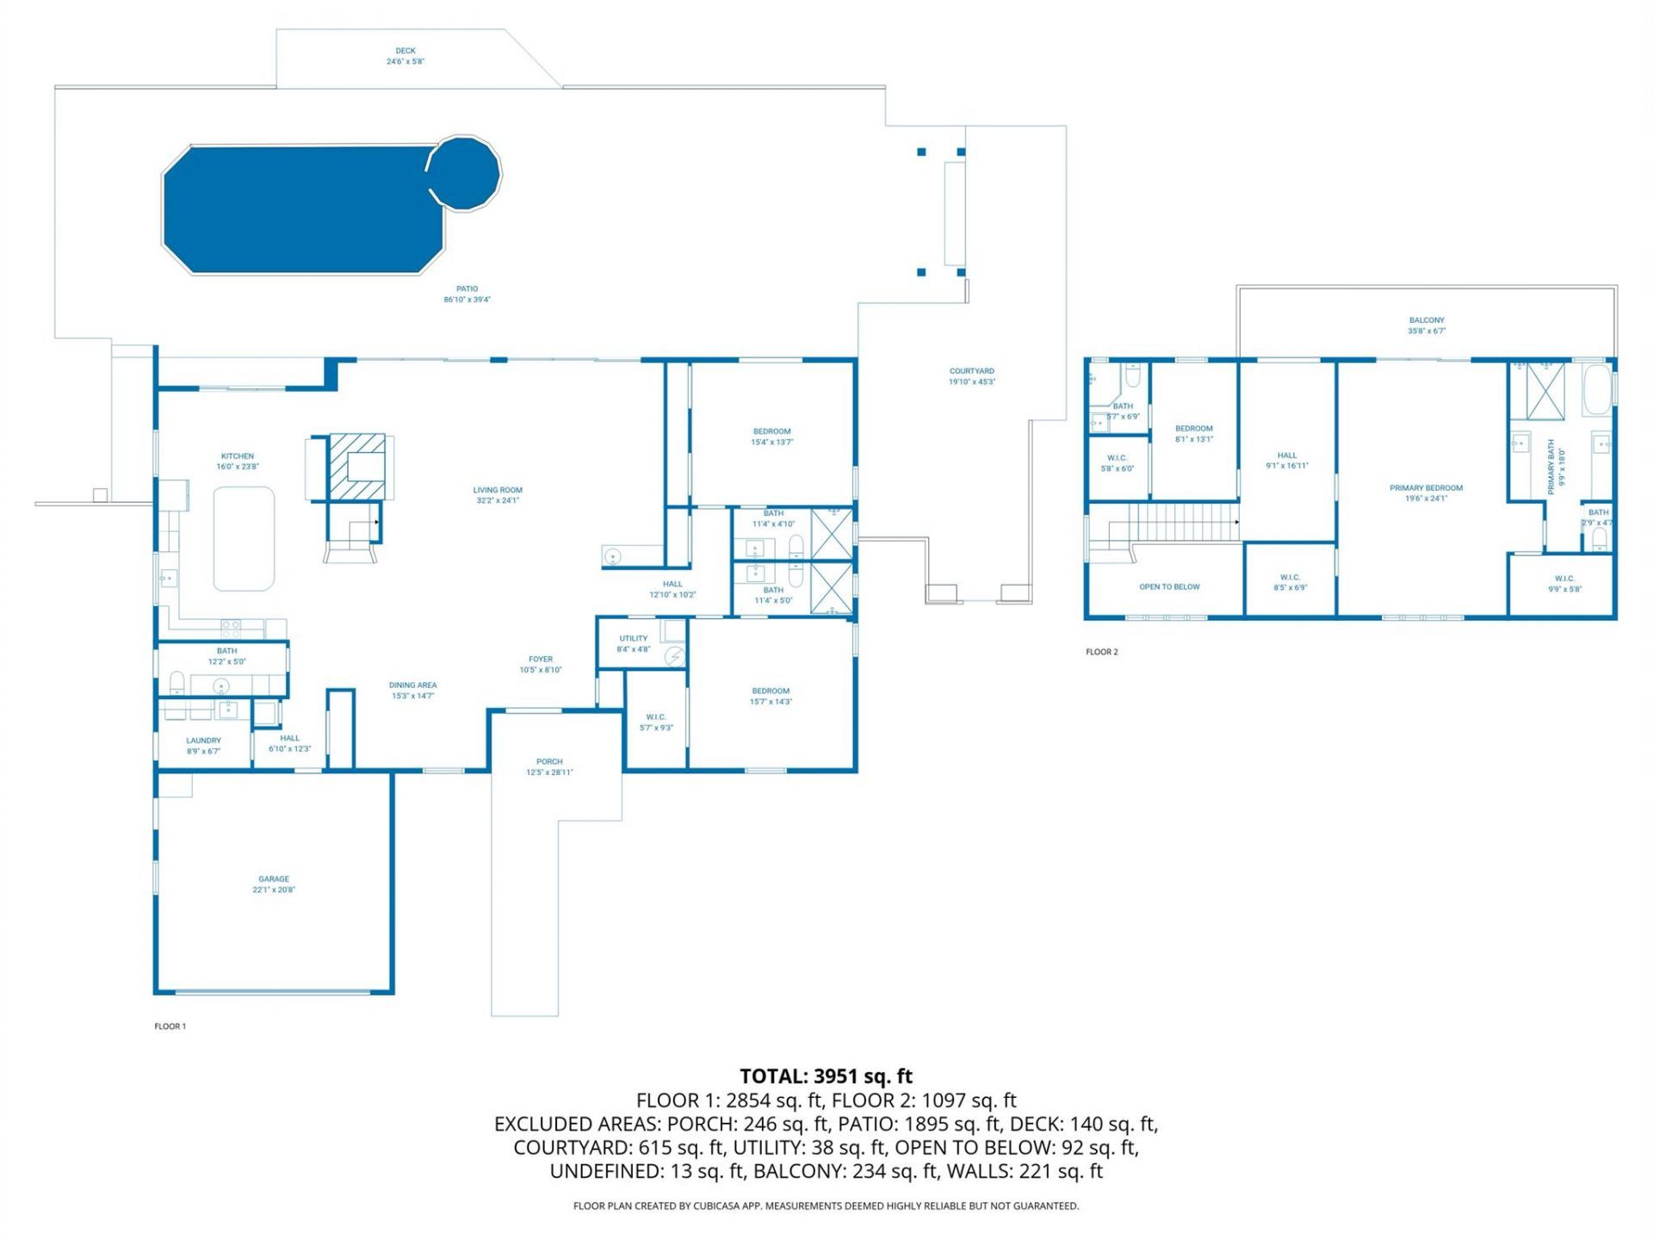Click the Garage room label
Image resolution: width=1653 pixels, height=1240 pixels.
(274, 879)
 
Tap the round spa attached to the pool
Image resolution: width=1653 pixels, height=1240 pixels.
(465, 172)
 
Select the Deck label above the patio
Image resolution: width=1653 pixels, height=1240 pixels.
(406, 51)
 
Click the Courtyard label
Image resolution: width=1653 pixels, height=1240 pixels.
(971, 371)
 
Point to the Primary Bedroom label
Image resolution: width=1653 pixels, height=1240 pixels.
(1426, 488)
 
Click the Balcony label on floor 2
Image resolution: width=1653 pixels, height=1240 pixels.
(1427, 320)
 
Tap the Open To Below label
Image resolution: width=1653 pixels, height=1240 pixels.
(1169, 587)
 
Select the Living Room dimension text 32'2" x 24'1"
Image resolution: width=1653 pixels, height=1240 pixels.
(498, 500)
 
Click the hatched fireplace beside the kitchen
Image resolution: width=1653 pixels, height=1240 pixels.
(356, 465)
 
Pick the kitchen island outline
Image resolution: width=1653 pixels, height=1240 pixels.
(244, 538)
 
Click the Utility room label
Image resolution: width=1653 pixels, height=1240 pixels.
(633, 639)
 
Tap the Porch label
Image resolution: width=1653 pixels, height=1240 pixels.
(549, 761)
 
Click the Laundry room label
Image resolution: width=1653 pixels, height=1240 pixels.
(203, 741)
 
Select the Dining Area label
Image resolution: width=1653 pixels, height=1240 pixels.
(412, 685)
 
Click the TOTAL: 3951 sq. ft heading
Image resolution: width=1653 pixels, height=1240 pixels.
(826, 1076)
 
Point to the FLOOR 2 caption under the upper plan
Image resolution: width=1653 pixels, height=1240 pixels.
(1101, 652)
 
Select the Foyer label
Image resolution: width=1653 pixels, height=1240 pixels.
(541, 660)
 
